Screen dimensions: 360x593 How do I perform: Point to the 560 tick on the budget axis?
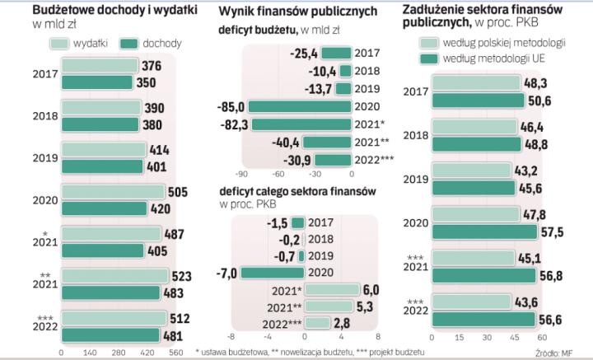[x=175, y=351]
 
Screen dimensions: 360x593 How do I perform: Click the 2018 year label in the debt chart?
[x=414, y=134]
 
